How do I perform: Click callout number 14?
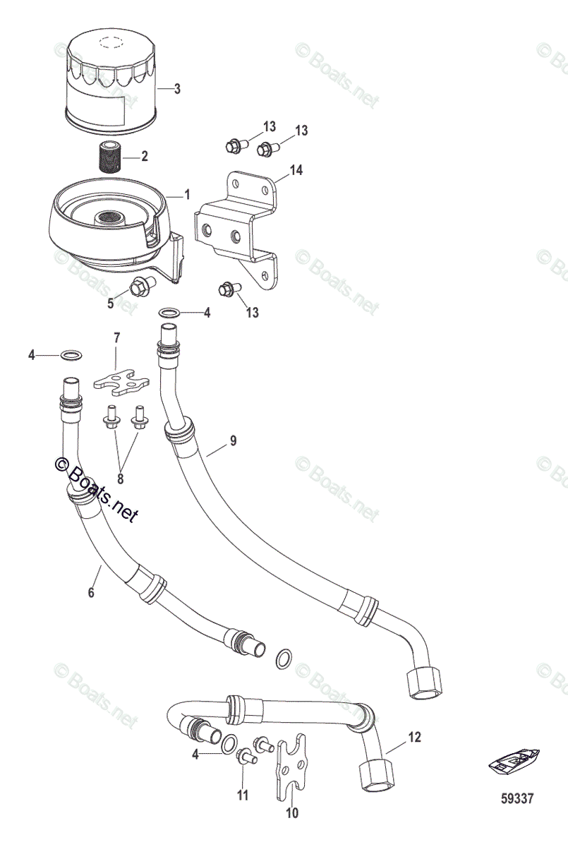296,170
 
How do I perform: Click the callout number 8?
120,479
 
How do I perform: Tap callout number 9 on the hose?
233,441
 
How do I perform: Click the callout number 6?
90,593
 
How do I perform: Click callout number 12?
413,738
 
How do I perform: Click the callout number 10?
291,813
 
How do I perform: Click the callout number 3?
177,89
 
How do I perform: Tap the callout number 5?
110,304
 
